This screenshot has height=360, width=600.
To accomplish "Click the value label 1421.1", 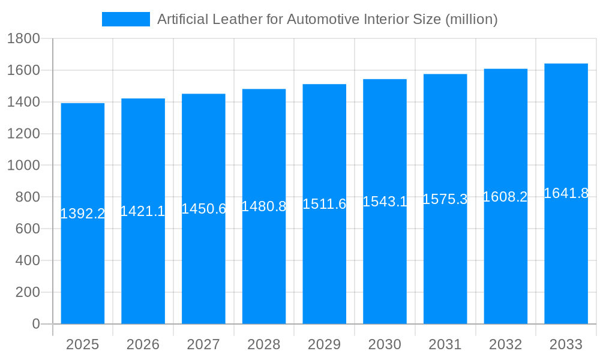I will coord(143,211).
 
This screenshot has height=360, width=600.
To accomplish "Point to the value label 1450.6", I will coord(203,209).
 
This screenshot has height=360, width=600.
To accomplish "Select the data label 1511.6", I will coord(324,204).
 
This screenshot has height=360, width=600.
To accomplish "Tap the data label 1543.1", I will coord(385,202).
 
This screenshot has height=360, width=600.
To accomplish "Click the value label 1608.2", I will coord(505,197).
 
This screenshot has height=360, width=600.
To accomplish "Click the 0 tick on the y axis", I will coord(35,324).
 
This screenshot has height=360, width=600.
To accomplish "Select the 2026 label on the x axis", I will coord(143,344).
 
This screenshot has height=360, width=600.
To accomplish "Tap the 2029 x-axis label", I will coord(324,344).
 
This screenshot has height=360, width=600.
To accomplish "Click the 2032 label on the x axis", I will coord(505,344).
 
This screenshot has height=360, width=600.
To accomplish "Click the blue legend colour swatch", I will coord(126,19).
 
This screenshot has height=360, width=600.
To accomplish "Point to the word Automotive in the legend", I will coord(325,19).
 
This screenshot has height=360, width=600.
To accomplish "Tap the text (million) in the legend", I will coord(472,19).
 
